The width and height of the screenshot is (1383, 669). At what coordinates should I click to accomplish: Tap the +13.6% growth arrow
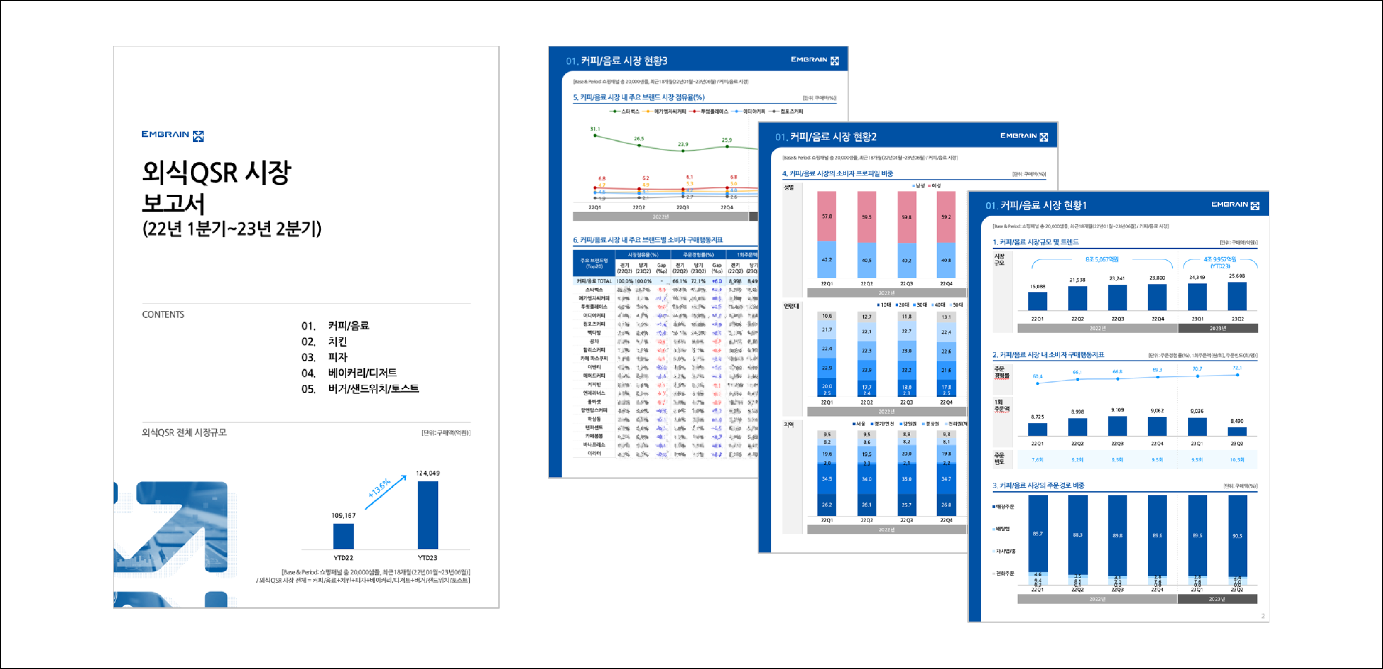tap(385, 491)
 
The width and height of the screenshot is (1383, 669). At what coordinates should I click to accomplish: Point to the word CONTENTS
tap(163, 314)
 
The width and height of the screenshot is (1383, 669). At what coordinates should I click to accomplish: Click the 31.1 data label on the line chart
tap(595, 129)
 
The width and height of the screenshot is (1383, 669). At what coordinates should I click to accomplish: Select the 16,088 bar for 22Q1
tap(1037, 301)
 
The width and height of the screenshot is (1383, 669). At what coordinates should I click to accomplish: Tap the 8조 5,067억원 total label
tap(1102, 259)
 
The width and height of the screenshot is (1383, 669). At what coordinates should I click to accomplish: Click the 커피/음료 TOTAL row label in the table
tap(594, 281)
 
